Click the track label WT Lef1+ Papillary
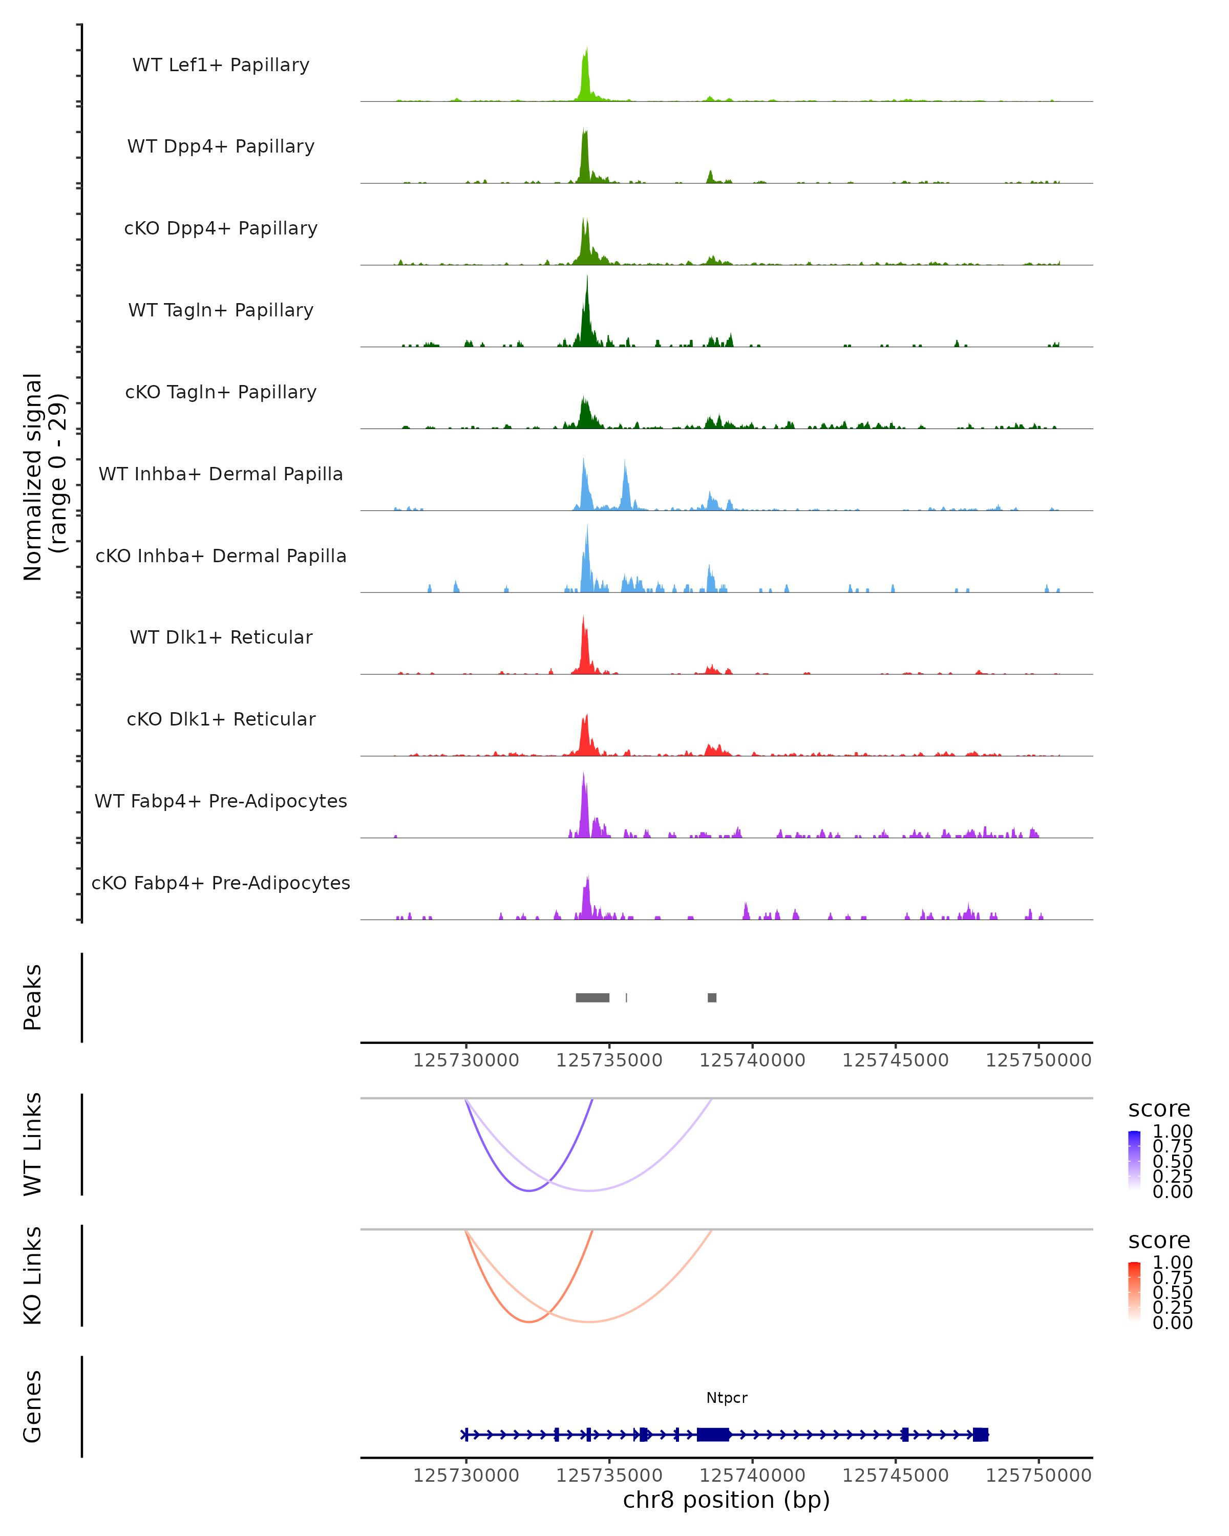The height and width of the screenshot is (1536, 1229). coord(221,65)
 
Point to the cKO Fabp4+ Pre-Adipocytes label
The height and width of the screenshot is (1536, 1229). coord(221,883)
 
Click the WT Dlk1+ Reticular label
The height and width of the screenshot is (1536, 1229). coord(221,637)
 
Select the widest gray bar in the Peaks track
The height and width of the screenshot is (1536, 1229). coord(592,997)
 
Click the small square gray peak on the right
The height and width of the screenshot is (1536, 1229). coord(712,997)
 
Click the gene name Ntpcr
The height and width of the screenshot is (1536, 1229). coord(727,1398)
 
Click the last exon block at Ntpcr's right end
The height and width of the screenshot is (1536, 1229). coord(980,1434)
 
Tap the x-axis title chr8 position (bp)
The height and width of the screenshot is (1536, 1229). coord(726,1500)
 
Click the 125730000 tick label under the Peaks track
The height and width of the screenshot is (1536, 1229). coord(466,1060)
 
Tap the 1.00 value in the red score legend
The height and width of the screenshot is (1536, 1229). coord(1172,1263)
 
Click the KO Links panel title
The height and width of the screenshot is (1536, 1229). coord(33,1275)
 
